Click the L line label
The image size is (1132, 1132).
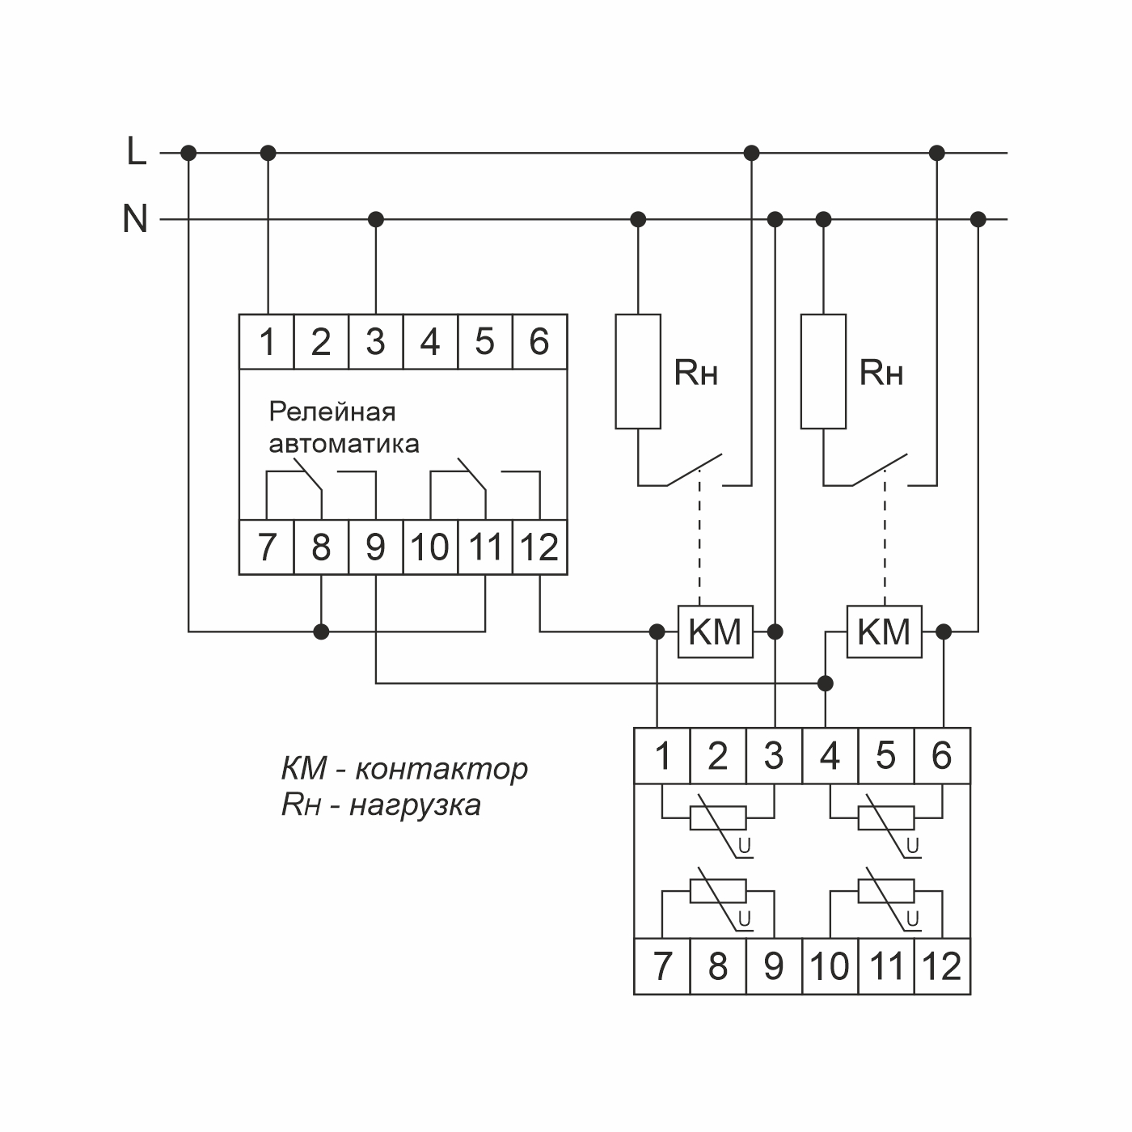pos(137,151)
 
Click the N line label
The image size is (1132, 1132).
pos(135,218)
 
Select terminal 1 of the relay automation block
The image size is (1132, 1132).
pos(267,342)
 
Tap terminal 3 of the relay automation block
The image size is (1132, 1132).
pos(375,342)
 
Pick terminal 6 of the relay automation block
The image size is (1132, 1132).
pos(539,342)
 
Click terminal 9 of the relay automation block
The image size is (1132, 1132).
pos(375,547)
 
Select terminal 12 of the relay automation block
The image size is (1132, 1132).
pos(539,547)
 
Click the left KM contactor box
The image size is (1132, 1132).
pos(715,631)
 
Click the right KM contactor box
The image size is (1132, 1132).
pos(884,631)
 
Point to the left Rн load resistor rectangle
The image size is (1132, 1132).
pos(638,371)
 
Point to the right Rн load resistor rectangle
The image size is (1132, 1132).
pos(823,371)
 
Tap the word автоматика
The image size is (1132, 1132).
pos(344,444)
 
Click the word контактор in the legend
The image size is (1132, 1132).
pos(441,768)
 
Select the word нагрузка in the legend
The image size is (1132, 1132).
pos(415,805)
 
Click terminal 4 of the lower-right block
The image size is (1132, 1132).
pos(830,756)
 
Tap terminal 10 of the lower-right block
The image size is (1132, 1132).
pos(830,966)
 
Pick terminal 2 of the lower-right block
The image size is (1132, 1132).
pos(718,756)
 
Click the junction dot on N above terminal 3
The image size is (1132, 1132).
pos(375,219)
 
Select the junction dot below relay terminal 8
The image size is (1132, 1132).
pos(322,631)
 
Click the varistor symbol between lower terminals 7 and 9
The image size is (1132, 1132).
pos(718,892)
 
